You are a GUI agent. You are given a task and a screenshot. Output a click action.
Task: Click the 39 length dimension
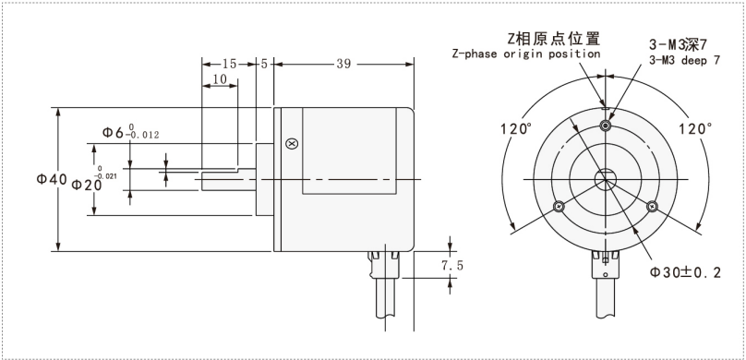coord(343,64)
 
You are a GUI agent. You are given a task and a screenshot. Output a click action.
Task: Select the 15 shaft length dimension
coord(229,64)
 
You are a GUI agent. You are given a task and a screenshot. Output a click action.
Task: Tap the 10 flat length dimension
coord(220,79)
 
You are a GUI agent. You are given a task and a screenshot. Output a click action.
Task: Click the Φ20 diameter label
coord(87,185)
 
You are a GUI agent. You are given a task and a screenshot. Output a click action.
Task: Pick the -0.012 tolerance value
coord(142,135)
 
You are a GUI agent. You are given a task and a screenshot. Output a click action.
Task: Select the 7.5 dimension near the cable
coord(452,265)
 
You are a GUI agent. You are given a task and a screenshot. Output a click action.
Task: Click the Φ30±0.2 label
coord(685,272)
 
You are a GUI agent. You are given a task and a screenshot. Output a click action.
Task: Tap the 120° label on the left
coord(516,128)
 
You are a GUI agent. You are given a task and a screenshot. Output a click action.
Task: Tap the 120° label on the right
coord(695,128)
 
